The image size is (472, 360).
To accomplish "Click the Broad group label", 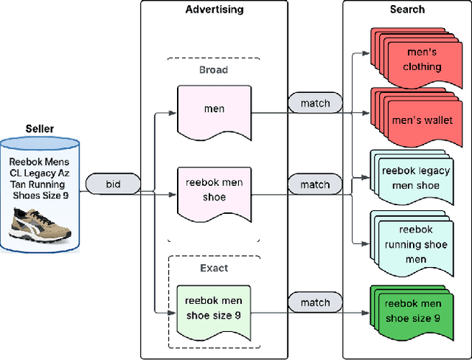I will coord(214,70).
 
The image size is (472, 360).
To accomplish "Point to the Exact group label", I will coord(214,268).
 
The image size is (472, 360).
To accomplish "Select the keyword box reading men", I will coord(214,110).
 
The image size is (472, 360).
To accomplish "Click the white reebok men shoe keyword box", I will coord(214,190).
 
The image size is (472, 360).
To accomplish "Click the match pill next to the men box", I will coord(314,103).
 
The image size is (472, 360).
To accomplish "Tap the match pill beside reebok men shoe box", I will coord(314,182).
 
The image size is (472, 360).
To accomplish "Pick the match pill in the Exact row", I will coord(314,302).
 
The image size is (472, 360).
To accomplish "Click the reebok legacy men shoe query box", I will coord(414,179).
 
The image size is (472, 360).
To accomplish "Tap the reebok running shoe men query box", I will coord(414,244).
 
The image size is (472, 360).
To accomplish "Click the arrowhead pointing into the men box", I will coord(172,114).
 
